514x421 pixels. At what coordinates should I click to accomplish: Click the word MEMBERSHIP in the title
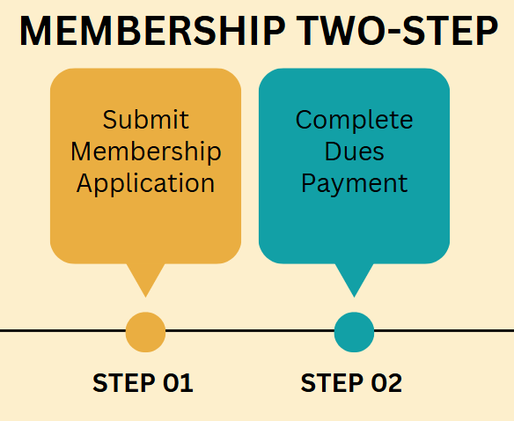coord(153,31)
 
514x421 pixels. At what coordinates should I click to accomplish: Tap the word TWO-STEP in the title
coord(397,31)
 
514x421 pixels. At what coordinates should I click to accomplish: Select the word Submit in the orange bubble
coord(145,120)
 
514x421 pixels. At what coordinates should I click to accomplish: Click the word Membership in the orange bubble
coord(146,152)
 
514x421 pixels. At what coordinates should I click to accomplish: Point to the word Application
coord(145,184)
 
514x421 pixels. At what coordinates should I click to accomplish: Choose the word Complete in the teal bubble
coord(354,121)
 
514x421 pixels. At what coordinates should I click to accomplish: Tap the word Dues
coord(354,151)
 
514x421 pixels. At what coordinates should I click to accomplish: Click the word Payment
coord(354,184)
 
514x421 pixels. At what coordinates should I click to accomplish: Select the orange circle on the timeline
coord(145,332)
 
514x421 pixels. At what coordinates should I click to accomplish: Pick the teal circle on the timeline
coord(354,332)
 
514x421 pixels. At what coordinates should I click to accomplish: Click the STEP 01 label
coord(143,382)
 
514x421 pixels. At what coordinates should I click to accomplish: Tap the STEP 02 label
coord(351,382)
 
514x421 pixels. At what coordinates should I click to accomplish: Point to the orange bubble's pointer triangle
coord(145,277)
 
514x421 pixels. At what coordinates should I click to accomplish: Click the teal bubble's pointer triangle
coord(354,277)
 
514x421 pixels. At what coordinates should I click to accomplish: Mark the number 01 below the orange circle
coord(179,382)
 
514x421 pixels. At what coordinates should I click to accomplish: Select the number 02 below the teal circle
coord(386,382)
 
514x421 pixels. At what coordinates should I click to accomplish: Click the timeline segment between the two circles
coord(250,331)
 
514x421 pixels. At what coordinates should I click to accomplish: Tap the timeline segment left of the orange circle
coord(63,331)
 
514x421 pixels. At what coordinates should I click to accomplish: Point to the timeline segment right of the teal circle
coord(444,331)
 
